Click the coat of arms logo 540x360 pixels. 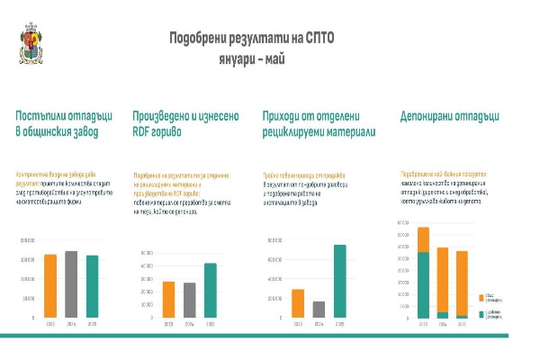click(x=29, y=43)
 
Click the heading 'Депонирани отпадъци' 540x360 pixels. click(x=450, y=116)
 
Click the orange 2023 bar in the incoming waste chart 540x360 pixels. click(x=50, y=286)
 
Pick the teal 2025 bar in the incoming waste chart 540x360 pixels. click(x=92, y=286)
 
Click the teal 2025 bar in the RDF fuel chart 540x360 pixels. click(x=210, y=291)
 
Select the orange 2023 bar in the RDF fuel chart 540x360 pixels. click(x=168, y=300)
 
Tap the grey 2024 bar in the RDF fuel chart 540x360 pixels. click(x=189, y=301)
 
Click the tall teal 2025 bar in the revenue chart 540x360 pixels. click(x=339, y=282)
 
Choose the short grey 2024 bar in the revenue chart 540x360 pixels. click(x=319, y=310)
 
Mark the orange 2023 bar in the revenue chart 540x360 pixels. click(x=298, y=303)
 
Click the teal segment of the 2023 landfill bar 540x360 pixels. click(x=423, y=284)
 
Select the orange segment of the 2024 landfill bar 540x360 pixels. click(x=442, y=280)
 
